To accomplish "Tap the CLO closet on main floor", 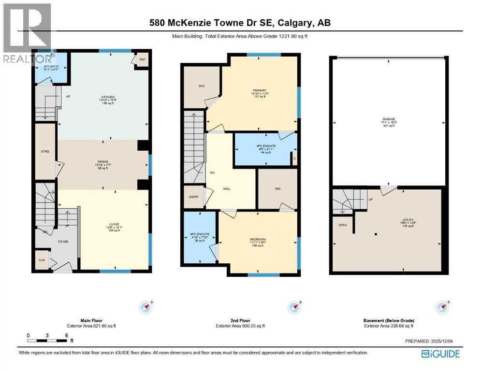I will pyautogui.click(x=42, y=260).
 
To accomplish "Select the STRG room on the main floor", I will pyautogui.click(x=45, y=151).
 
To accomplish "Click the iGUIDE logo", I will pyautogui.click(x=440, y=354).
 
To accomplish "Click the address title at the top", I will pyautogui.click(x=240, y=23).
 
